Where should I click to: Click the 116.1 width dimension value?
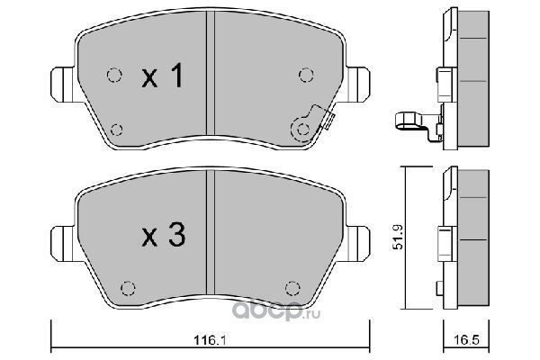pos(210,340)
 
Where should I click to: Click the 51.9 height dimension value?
pos(398,238)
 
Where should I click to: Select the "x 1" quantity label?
pos(162,76)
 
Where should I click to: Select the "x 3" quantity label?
pos(164,235)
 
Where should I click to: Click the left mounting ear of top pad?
pos(62,85)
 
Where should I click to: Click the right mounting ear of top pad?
pos(358,85)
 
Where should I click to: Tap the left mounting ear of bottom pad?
pos(62,243)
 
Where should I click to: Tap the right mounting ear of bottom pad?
pos(358,243)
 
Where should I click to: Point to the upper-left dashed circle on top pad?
pos(114,75)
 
